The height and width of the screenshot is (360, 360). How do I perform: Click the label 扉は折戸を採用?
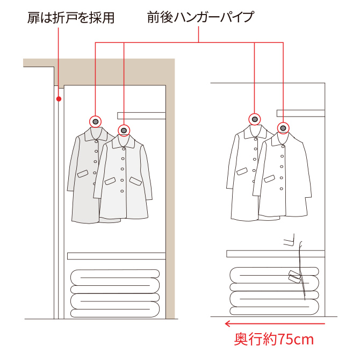(x=71, y=18)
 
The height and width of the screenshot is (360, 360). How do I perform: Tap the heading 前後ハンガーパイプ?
(x=200, y=17)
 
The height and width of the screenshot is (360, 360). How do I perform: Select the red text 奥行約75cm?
(x=273, y=340)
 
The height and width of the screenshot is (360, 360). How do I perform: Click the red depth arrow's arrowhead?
(x=227, y=323)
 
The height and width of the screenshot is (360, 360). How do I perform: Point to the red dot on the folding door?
(x=59, y=99)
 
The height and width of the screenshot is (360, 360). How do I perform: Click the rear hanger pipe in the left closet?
(x=96, y=121)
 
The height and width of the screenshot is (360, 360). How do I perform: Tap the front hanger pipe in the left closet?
(x=124, y=131)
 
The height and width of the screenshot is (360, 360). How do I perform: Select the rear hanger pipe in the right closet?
(x=255, y=119)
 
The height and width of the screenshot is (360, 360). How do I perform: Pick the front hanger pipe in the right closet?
(x=283, y=128)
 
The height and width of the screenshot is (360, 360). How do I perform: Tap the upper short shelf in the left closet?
(x=141, y=116)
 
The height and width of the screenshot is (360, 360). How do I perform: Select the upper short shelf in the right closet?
(x=301, y=113)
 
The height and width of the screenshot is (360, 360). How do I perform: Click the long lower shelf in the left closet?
(x=117, y=256)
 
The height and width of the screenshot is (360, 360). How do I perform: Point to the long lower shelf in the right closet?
(x=276, y=254)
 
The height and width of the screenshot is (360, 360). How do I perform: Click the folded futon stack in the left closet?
(x=115, y=293)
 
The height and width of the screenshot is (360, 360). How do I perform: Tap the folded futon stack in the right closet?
(x=275, y=291)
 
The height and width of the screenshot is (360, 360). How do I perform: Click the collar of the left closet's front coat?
(x=124, y=141)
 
